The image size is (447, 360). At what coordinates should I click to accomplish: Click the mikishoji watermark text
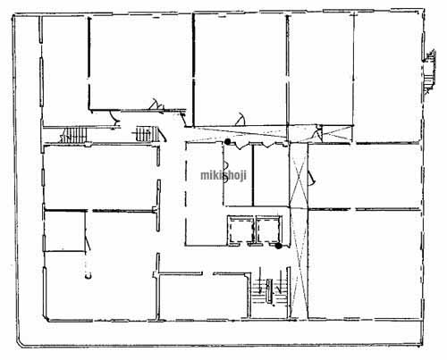click(x=223, y=175)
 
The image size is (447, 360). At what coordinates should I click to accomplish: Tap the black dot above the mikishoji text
click(x=228, y=142)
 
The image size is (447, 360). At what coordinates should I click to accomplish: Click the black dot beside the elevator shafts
click(x=278, y=246)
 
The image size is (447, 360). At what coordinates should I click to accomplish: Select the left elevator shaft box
click(x=240, y=230)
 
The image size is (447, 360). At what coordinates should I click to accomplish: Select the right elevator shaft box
click(x=269, y=230)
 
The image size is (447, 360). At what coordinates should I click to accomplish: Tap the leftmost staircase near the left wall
click(x=73, y=135)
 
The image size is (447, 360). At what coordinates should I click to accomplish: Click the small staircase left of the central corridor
click(x=144, y=134)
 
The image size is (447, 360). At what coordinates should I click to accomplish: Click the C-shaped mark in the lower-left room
click(x=88, y=276)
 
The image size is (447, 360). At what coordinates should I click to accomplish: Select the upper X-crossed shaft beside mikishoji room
click(x=299, y=175)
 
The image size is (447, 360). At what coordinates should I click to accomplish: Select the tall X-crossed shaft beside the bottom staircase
click(x=299, y=264)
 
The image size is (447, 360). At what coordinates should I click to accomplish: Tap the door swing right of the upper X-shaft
click(x=312, y=178)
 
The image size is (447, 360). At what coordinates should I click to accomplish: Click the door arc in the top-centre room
click(x=240, y=119)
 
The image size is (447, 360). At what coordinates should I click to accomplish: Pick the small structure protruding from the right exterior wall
click(x=429, y=71)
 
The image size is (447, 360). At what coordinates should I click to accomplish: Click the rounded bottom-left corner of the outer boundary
click(x=20, y=343)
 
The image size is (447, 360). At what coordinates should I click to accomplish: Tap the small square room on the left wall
click(x=65, y=231)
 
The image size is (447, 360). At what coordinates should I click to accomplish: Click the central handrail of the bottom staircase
click(x=269, y=291)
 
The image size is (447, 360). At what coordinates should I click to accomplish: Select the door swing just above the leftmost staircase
click(x=114, y=118)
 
